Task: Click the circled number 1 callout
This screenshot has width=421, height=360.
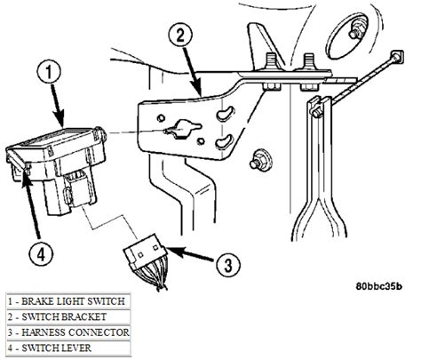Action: (49, 73)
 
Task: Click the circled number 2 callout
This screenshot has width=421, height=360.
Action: (179, 36)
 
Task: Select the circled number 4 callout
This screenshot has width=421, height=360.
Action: (41, 254)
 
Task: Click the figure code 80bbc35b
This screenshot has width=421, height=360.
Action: (378, 286)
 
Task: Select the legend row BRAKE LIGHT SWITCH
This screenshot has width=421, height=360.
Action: (68, 301)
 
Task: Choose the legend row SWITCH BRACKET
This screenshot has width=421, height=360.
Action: (68, 317)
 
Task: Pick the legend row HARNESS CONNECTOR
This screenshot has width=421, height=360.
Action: (68, 332)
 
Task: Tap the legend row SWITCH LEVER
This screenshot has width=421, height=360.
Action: (68, 348)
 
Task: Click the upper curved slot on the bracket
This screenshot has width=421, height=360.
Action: (225, 115)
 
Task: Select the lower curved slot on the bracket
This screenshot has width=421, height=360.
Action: (225, 142)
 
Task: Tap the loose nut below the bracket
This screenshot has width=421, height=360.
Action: (261, 158)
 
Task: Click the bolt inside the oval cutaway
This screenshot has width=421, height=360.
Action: (356, 30)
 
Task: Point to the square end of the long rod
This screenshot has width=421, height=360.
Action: (397, 56)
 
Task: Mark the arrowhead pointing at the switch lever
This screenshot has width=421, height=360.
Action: (27, 180)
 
